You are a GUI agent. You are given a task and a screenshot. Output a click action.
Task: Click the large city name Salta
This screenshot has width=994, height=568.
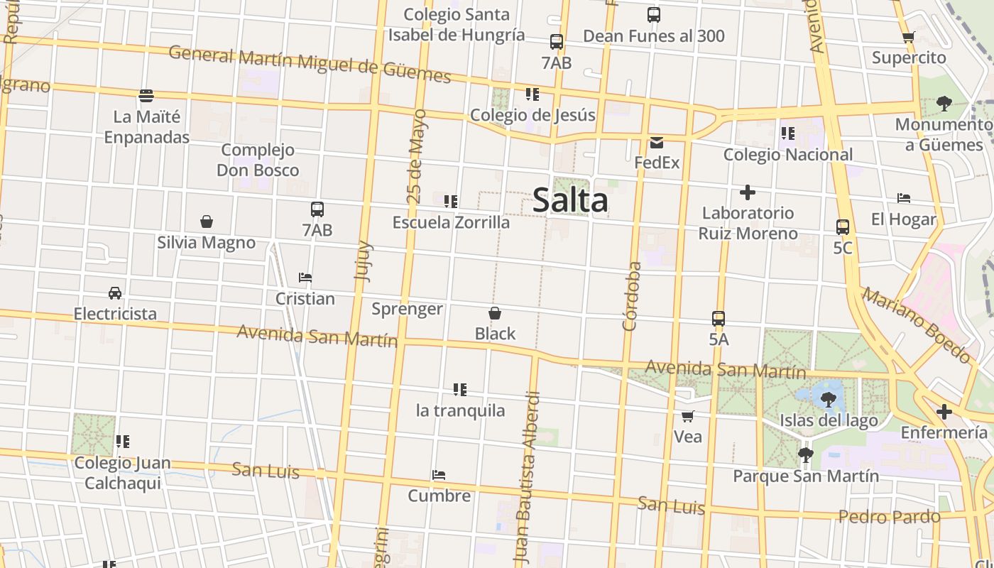click(x=570, y=200)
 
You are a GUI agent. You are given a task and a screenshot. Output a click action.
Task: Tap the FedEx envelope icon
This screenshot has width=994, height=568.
click(x=656, y=142)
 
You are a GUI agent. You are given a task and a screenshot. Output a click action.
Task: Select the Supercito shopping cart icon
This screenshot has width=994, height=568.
click(x=908, y=37)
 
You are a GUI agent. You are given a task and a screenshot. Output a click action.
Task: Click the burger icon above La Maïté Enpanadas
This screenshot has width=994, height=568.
click(x=146, y=95)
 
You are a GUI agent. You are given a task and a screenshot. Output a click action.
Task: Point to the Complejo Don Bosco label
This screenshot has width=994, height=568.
click(x=258, y=160)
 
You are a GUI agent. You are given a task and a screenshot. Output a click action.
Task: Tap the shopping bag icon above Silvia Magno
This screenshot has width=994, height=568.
click(x=207, y=222)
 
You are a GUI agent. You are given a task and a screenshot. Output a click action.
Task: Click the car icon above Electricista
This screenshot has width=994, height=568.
click(x=115, y=293)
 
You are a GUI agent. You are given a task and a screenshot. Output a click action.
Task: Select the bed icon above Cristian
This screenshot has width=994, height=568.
click(x=305, y=278)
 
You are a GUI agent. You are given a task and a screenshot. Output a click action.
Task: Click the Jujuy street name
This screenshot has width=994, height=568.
click(x=362, y=261)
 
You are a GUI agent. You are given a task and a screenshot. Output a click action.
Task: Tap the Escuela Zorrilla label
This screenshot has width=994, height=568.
click(x=451, y=222)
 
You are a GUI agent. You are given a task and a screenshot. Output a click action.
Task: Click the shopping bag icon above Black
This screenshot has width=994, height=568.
click(x=495, y=313)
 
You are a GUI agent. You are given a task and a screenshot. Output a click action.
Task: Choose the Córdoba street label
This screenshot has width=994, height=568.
click(x=631, y=296)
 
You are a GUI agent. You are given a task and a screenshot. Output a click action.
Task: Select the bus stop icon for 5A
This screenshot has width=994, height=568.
click(x=719, y=319)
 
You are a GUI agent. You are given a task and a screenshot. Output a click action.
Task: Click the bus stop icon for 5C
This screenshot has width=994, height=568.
click(x=843, y=227)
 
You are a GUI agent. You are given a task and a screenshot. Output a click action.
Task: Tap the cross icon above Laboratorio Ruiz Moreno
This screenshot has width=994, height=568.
click(x=747, y=192)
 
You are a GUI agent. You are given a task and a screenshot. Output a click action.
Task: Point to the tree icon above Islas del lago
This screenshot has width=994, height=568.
click(x=828, y=400)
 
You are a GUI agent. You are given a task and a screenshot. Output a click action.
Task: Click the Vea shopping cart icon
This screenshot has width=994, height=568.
click(x=687, y=416)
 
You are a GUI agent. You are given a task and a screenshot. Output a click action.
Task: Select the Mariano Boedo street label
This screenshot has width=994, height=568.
click(x=916, y=325)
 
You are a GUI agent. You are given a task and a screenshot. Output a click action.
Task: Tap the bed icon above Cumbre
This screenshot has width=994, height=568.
click(x=439, y=475)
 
